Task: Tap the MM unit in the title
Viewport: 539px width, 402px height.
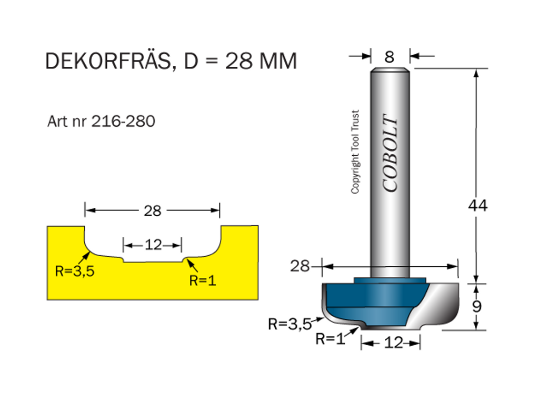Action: (278, 62)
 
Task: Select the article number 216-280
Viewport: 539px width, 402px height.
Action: (123, 122)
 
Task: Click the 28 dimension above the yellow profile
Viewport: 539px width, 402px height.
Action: (152, 211)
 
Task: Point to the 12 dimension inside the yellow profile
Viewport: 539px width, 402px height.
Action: (153, 245)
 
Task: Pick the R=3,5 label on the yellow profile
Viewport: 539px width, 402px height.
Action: (74, 272)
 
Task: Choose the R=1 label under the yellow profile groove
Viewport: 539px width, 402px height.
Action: (203, 280)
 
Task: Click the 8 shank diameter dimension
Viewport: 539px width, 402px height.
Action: (389, 56)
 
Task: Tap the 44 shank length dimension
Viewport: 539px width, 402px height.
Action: (477, 205)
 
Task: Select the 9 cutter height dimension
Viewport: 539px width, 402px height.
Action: (477, 306)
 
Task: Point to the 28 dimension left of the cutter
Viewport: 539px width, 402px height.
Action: (300, 266)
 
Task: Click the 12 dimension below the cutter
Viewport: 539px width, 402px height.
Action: (393, 343)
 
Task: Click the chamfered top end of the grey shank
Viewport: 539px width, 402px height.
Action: (390, 69)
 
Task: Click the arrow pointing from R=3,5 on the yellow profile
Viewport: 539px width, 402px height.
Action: (83, 257)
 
